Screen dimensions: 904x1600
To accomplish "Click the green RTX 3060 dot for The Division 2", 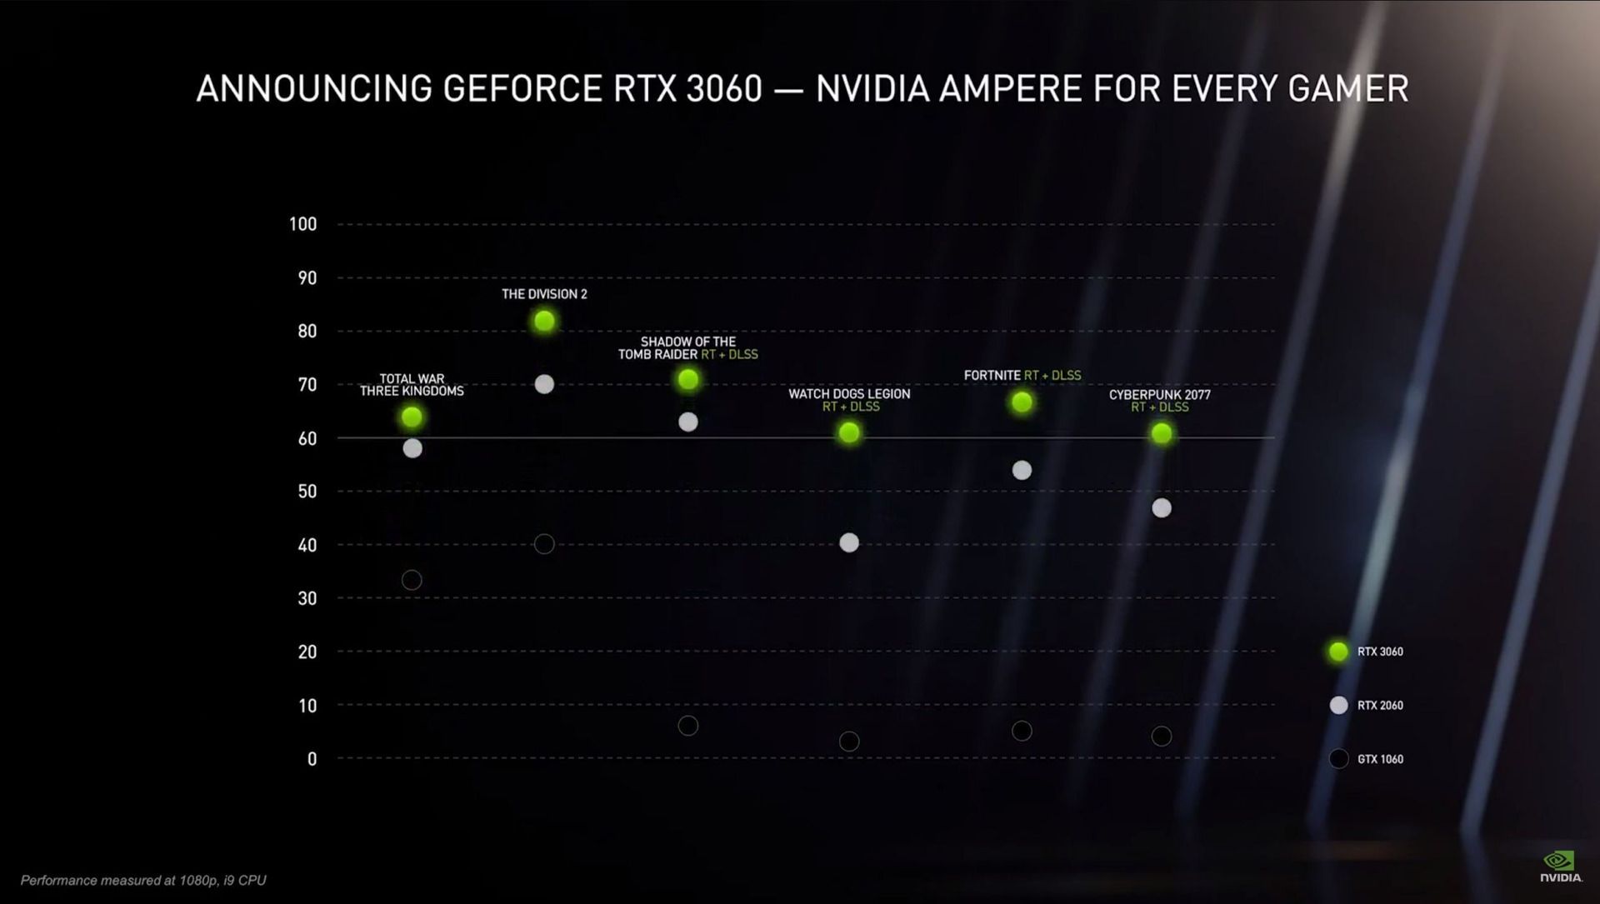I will tap(544, 321).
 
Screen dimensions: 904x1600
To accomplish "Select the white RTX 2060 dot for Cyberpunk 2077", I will tap(1161, 507).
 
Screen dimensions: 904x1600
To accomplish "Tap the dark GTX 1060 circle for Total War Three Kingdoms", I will tap(412, 580).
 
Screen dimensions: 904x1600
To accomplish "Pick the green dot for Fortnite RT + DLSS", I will tap(1022, 402).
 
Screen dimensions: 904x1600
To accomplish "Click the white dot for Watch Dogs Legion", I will tap(849, 542).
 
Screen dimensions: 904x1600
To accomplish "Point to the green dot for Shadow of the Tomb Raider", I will tap(688, 380).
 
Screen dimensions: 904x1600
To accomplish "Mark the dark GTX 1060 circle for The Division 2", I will tap(544, 544).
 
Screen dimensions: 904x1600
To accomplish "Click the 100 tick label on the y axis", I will tap(302, 224).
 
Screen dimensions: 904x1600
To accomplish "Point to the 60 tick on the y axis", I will tap(307, 438).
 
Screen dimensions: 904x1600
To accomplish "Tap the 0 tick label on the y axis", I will tap(312, 759).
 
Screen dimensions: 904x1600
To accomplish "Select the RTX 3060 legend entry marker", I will tap(1338, 652).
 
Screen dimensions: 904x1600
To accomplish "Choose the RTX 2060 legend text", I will tap(1380, 706).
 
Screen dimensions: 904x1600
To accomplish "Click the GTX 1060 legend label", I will tap(1380, 759).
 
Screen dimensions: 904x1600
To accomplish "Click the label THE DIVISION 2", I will tap(544, 294).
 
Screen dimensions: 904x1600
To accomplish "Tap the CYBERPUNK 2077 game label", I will tap(1159, 395).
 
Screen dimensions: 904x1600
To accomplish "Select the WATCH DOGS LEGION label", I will tap(849, 394).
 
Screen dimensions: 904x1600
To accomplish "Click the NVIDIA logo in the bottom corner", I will tap(1560, 867).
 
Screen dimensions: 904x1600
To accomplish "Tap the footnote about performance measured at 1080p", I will tap(143, 880).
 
